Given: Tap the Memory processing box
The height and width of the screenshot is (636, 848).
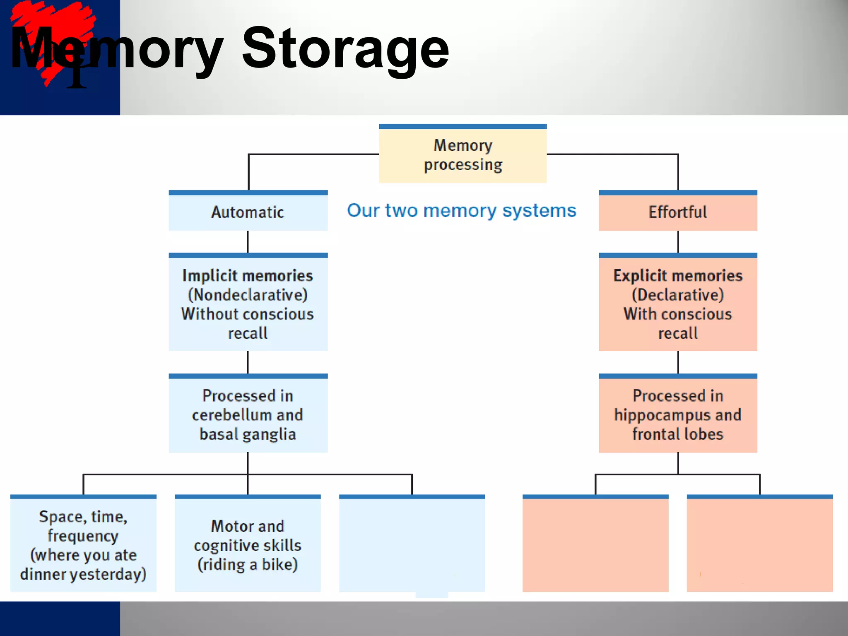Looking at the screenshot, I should [x=463, y=154].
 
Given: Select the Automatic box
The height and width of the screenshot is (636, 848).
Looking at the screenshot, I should [x=248, y=212].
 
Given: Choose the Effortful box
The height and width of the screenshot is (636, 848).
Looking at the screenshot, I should [x=677, y=212].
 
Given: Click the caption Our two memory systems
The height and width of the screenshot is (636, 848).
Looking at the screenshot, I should [x=461, y=210].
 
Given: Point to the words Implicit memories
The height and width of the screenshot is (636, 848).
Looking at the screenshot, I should [x=248, y=276].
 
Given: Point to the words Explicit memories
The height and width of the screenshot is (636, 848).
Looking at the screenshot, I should [x=677, y=276].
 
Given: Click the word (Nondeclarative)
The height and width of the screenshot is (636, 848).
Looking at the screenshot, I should [x=248, y=295].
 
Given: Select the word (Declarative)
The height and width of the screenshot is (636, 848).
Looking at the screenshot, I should [x=677, y=295].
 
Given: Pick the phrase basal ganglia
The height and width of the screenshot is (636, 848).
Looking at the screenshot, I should [x=248, y=434].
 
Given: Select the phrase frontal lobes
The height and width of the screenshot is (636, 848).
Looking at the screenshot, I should [x=677, y=434].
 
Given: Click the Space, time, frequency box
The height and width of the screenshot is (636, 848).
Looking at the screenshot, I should [x=83, y=544].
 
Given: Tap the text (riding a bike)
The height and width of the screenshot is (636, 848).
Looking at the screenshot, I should [x=248, y=564].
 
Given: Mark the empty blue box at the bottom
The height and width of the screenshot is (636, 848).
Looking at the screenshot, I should [x=412, y=544].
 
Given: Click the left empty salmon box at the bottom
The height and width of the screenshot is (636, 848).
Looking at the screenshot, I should [x=595, y=544].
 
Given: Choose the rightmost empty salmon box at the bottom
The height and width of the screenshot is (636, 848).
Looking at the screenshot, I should [x=759, y=544].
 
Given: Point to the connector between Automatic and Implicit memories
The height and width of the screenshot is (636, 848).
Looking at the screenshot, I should [x=248, y=241].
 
